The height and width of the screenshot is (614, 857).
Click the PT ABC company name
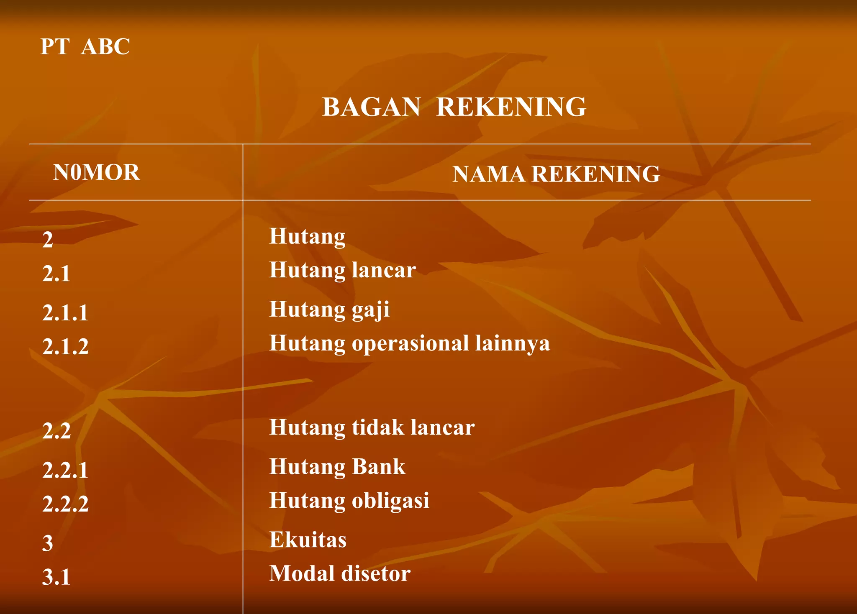[x=85, y=46]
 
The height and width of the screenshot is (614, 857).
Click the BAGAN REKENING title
[x=454, y=107]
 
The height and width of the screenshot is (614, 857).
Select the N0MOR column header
[x=96, y=172]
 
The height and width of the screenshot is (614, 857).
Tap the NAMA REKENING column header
[x=556, y=174]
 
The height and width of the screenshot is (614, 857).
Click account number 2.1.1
[x=65, y=313]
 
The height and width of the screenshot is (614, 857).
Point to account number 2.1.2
[x=65, y=347]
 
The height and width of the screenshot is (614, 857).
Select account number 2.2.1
[x=65, y=470]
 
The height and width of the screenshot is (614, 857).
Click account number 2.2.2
[x=65, y=504]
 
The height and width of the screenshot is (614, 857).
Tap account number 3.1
[x=56, y=577]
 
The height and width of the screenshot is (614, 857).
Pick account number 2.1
[x=56, y=274]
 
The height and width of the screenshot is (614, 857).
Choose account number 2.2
[x=56, y=431]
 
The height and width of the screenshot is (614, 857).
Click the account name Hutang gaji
[x=329, y=310]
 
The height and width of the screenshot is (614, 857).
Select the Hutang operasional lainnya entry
[x=409, y=343]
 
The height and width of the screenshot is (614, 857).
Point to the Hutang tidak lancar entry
[x=372, y=427]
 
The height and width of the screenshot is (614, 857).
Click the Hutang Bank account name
[x=337, y=466]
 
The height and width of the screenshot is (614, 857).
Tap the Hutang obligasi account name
[x=349, y=501]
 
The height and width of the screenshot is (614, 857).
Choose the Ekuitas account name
[x=308, y=540]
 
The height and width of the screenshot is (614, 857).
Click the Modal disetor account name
[x=340, y=573]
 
